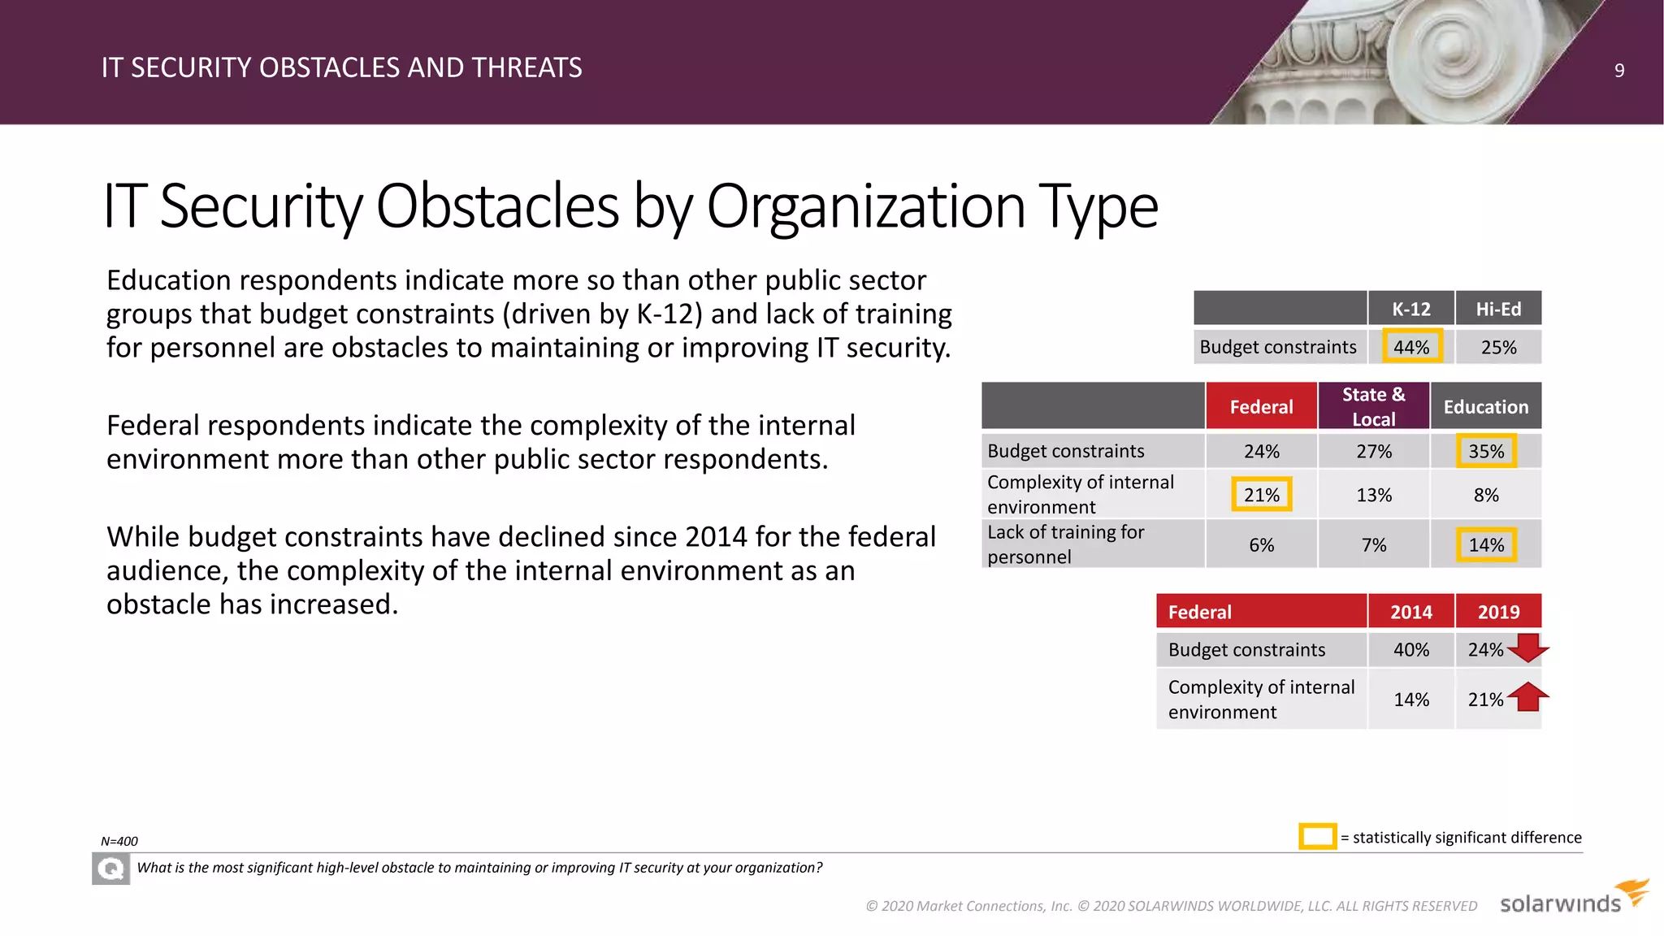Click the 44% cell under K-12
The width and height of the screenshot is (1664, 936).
click(1411, 347)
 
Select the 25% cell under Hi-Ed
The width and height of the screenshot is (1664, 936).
click(1498, 347)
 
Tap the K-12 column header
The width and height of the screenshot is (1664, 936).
click(1410, 309)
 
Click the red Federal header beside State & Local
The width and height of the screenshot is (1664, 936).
click(1261, 406)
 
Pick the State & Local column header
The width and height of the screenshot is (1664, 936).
click(1373, 406)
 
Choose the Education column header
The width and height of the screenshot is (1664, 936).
click(1485, 406)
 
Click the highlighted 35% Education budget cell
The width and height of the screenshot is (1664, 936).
click(1485, 451)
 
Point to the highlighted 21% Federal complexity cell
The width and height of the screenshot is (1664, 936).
click(1261, 495)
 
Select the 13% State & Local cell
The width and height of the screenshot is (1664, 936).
click(1373, 495)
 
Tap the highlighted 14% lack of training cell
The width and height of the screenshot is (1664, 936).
click(1485, 545)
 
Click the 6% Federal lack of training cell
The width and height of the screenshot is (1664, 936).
click(1261, 545)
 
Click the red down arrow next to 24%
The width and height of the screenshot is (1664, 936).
click(1528, 648)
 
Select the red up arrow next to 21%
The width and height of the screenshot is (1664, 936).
click(1528, 697)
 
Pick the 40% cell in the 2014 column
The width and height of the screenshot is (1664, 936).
click(1410, 650)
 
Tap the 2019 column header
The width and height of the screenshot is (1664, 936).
click(1497, 612)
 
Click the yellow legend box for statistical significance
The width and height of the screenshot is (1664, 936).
click(1317, 836)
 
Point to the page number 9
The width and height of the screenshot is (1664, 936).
click(1618, 71)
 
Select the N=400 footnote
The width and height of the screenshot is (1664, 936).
click(119, 842)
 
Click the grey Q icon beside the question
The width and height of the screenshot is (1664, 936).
click(110, 869)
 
